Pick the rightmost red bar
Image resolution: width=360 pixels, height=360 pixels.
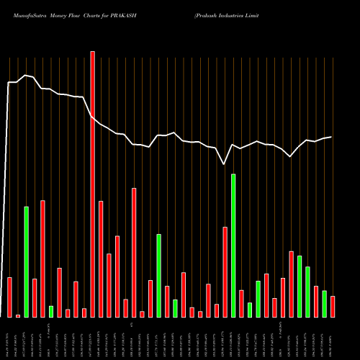click(333, 307)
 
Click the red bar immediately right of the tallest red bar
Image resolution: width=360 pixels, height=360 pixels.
click(101, 259)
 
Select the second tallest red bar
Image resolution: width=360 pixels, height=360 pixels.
click(134, 253)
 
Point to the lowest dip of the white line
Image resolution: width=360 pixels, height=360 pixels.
click(225, 164)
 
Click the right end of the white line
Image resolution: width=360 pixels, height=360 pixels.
click(331, 137)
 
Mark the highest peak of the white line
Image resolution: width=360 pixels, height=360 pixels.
click(26, 75)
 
